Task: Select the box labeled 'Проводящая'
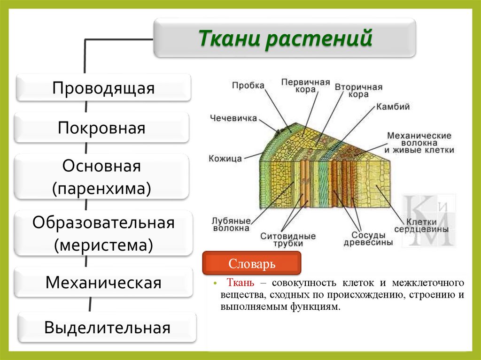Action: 103,88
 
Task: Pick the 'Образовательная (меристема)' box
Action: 103,233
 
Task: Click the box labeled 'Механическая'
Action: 103,283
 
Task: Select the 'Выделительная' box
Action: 107,327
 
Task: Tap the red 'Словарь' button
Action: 251,264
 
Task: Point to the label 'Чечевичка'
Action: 233,118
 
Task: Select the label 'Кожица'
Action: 225,159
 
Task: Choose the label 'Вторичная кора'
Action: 358,91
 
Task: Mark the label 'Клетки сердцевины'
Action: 421,225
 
